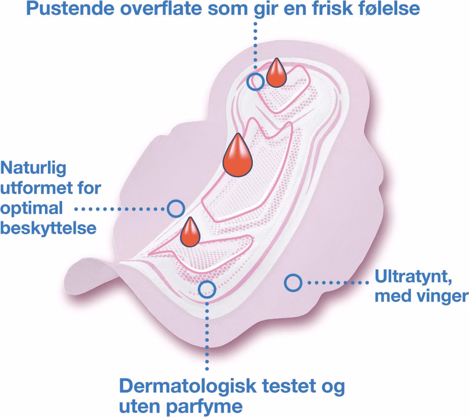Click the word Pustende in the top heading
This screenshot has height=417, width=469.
(x=70, y=9)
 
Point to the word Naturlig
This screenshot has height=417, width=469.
(x=33, y=169)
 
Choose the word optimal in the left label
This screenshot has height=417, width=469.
(x=32, y=209)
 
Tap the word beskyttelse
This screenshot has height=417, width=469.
(x=49, y=228)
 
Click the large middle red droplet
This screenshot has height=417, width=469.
(x=238, y=155)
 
